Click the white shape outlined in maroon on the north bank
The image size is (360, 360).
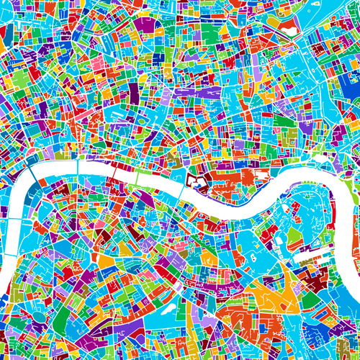point(195,181)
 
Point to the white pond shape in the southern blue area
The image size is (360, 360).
point(164,310)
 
